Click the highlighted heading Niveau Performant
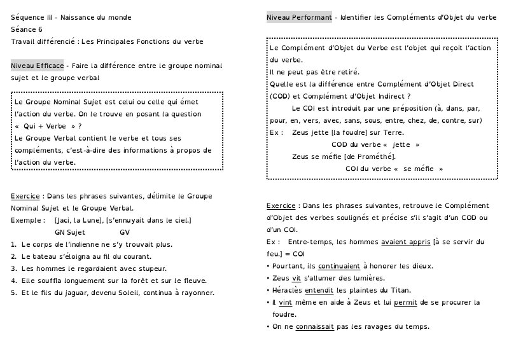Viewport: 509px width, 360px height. click(298, 18)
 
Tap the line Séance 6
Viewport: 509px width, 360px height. click(27, 29)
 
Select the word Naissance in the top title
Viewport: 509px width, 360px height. click(80, 18)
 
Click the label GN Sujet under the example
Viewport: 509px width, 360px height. click(70, 232)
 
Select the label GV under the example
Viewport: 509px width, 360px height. click(125, 232)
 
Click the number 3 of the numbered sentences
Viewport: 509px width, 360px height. click(13, 268)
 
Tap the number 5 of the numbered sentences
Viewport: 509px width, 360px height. click(13, 293)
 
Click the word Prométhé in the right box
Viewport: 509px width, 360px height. click(374, 156)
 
